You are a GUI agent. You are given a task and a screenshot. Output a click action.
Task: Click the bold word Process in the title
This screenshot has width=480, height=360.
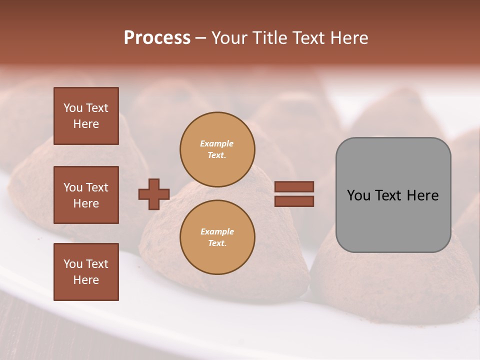157,38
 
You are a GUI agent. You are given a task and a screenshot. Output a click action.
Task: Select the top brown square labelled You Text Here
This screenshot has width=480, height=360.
86,116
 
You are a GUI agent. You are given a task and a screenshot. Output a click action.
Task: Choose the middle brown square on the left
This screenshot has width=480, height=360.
86,195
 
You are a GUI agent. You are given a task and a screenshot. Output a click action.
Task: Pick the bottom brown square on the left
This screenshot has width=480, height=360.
86,272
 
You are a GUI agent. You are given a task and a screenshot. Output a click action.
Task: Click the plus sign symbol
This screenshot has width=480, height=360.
154,194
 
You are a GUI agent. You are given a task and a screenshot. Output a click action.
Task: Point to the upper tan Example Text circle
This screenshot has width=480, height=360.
217,149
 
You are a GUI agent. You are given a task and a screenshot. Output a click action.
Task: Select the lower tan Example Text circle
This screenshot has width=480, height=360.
217,237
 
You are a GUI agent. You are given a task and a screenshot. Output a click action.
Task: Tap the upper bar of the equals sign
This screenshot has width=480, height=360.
294,186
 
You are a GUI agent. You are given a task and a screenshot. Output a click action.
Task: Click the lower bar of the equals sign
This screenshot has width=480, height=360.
294,201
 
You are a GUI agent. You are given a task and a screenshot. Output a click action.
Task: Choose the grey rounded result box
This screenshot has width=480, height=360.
393,195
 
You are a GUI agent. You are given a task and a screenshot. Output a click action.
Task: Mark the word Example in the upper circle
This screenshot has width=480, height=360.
217,144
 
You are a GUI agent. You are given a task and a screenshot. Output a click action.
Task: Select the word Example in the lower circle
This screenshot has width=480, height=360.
217,232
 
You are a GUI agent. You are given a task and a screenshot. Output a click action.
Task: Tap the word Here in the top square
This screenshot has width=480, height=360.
86,124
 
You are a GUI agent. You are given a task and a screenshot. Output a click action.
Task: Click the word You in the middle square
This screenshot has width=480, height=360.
73,187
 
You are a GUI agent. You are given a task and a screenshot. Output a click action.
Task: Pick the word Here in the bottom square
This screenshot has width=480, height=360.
86,280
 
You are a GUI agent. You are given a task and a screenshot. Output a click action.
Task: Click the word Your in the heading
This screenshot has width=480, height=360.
230,38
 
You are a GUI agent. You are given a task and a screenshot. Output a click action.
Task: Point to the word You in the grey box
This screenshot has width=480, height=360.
358,195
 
